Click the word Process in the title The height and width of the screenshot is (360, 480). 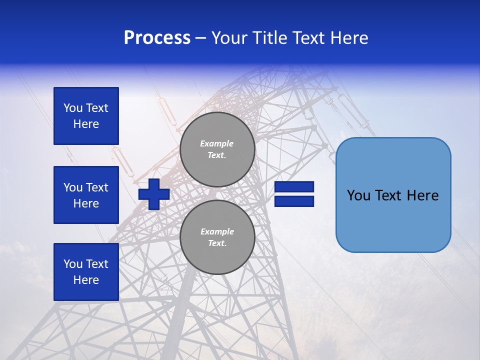tap(157, 38)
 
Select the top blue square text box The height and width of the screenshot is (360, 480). tap(86, 116)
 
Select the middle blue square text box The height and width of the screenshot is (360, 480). tap(86, 195)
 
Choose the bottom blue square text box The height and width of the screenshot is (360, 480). tap(86, 272)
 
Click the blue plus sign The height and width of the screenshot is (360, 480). tap(154, 194)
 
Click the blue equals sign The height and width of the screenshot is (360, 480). tap(294, 194)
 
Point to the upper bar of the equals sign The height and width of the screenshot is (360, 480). tap(294, 187)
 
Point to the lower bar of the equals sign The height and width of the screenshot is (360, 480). tap(294, 201)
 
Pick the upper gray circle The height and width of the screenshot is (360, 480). tap(217, 149)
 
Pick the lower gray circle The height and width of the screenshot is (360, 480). tap(217, 237)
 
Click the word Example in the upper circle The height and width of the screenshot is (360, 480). tap(217, 143)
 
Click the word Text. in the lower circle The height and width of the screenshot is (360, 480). tap(217, 243)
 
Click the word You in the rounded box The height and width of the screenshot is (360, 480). tap(358, 195)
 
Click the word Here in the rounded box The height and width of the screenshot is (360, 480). tap(422, 195)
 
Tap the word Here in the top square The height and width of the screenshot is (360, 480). tap(86, 124)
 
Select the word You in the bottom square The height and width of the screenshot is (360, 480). tap(73, 264)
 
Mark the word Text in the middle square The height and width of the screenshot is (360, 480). tap(97, 187)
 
